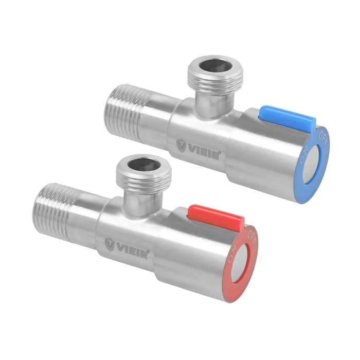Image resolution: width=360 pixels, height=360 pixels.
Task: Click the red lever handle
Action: [216, 216]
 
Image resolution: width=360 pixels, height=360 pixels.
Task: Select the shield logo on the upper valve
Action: [182, 146]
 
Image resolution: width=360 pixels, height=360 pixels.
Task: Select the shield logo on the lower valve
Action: [110, 245]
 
